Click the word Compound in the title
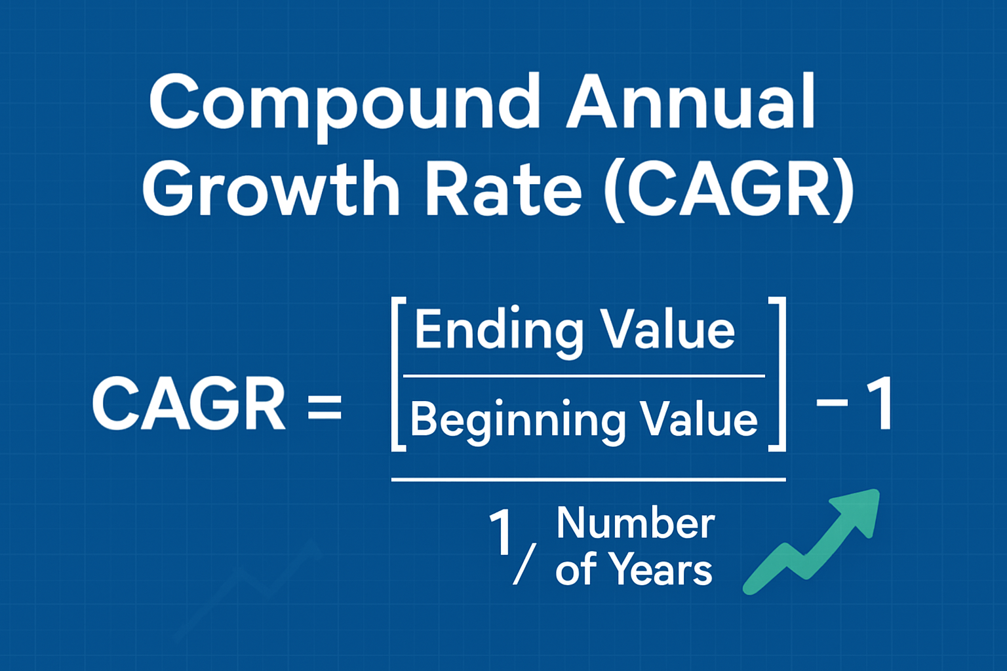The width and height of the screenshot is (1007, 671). coord(344,104)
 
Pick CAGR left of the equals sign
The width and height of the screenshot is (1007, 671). coord(189,404)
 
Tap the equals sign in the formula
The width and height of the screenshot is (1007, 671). coord(325,406)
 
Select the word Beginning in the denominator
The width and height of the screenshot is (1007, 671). coord(517,420)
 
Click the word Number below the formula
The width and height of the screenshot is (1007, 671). coord(635,524)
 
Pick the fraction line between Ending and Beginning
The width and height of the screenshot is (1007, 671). coord(583,376)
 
